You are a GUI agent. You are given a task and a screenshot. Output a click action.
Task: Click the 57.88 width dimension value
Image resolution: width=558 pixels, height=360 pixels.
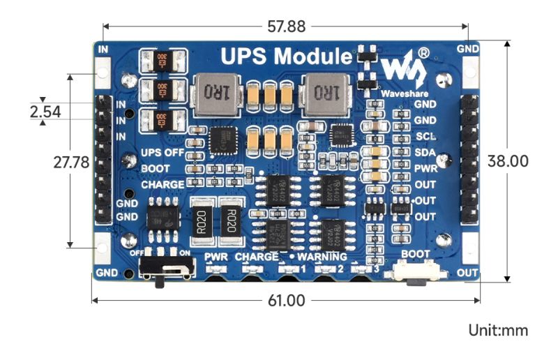[286, 27]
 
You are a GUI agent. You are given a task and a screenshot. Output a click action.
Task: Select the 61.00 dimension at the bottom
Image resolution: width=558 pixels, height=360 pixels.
[286, 301]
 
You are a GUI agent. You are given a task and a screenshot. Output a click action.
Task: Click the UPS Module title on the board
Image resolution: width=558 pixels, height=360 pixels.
[286, 56]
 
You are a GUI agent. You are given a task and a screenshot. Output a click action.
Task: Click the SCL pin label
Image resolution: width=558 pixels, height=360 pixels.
[425, 136]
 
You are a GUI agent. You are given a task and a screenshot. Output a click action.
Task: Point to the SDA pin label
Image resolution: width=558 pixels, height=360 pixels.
[425, 152]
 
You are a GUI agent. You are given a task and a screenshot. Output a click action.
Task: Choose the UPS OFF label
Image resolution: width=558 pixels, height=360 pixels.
[163, 153]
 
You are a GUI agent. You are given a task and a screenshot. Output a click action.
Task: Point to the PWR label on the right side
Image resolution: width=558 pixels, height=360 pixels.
[425, 168]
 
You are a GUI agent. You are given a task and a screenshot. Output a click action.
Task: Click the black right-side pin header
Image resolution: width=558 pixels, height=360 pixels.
[469, 160]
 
